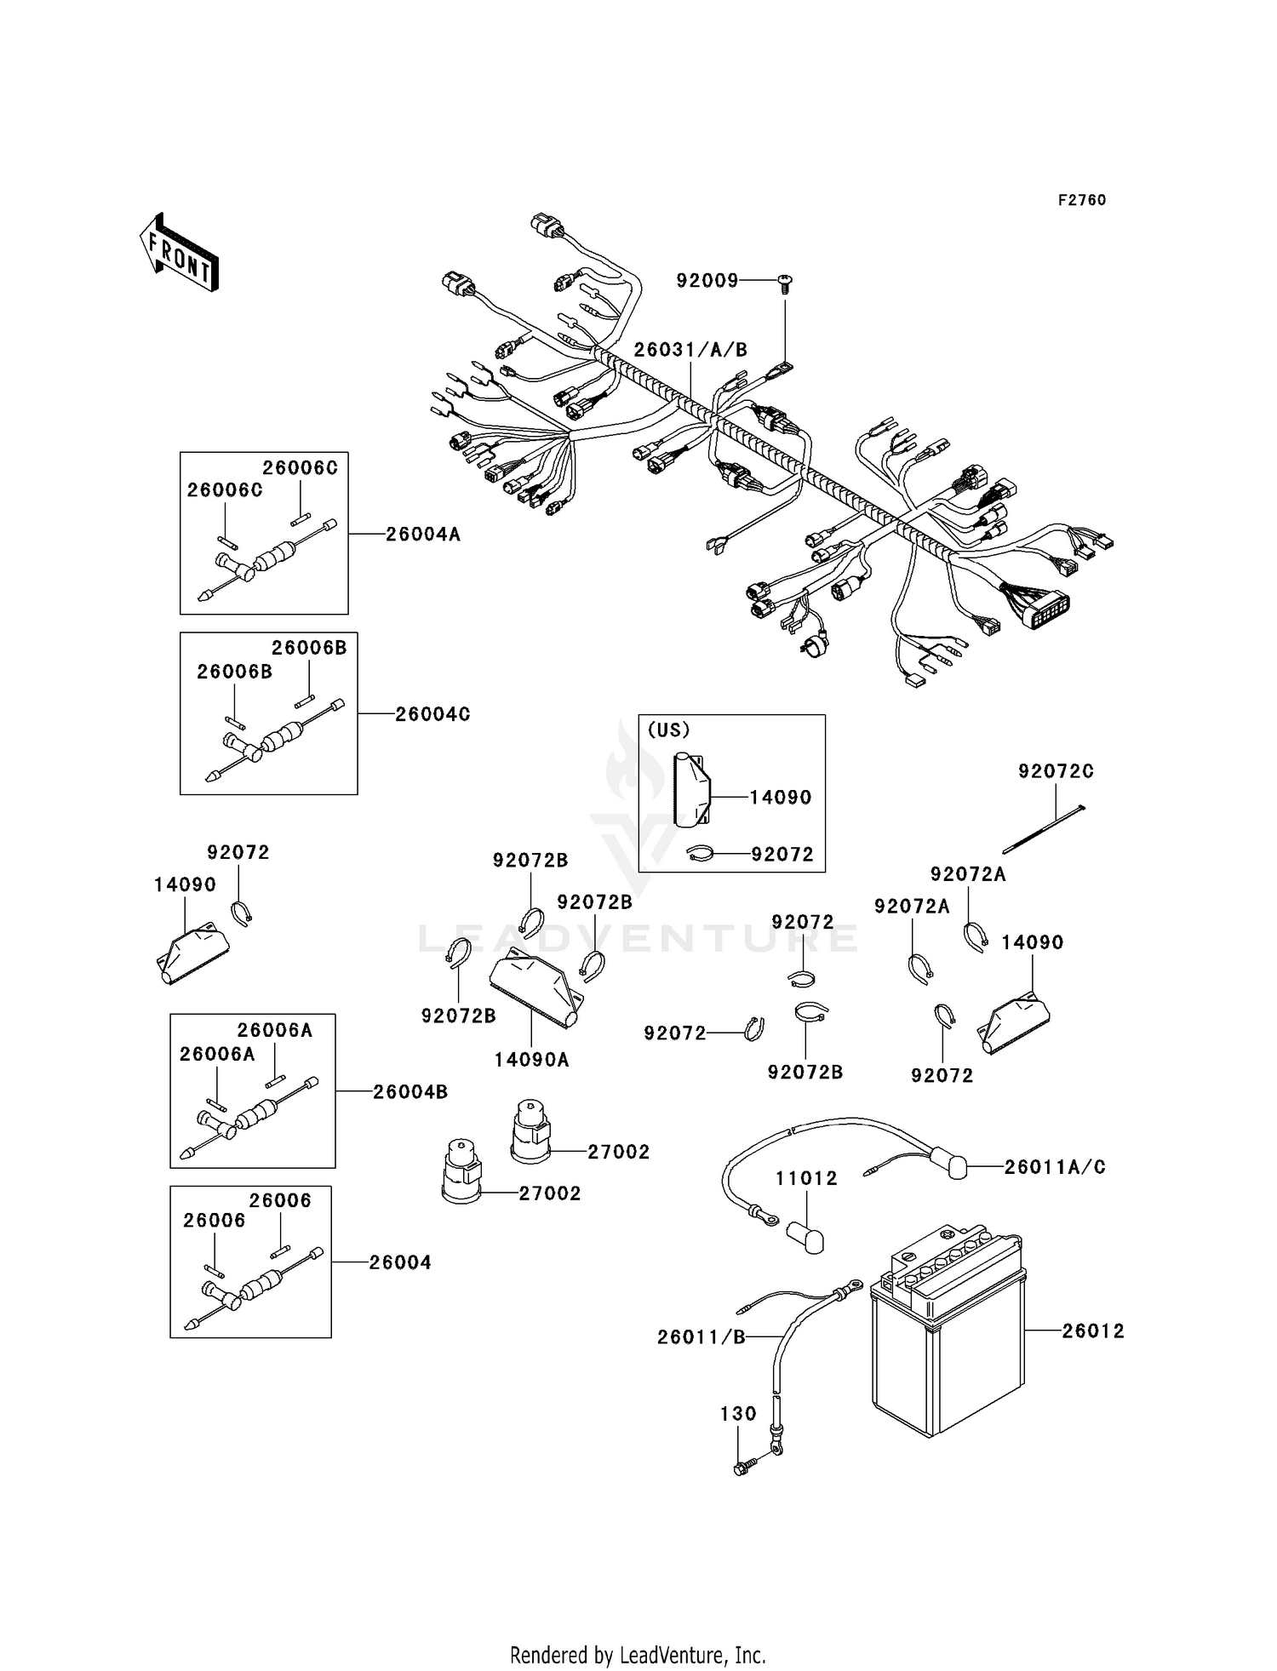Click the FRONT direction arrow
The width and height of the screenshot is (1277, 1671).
pyautogui.click(x=179, y=254)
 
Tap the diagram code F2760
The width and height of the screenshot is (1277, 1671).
pyautogui.click(x=1081, y=200)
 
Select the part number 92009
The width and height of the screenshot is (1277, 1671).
pyautogui.click(x=707, y=280)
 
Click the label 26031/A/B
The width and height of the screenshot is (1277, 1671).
pyautogui.click(x=690, y=350)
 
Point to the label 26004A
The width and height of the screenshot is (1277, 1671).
pyautogui.click(x=422, y=535)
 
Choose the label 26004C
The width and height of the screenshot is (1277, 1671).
pyautogui.click(x=432, y=714)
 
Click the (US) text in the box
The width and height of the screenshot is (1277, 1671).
pyautogui.click(x=669, y=730)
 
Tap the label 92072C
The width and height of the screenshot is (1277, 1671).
pyautogui.click(x=1056, y=771)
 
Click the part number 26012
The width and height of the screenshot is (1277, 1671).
pyautogui.click(x=1092, y=1331)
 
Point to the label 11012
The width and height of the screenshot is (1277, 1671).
pyautogui.click(x=806, y=1178)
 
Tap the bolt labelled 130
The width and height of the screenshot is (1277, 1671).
pyautogui.click(x=744, y=1468)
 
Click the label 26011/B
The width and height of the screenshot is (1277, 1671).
pyautogui.click(x=701, y=1337)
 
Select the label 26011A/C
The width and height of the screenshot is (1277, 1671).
pyautogui.click(x=1055, y=1167)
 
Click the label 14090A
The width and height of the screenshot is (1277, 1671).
pyautogui.click(x=531, y=1060)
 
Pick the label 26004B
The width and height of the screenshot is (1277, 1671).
pyautogui.click(x=410, y=1091)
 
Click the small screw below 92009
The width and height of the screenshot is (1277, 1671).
pyautogui.click(x=783, y=284)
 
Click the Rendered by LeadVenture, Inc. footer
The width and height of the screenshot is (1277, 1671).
pyautogui.click(x=638, y=1656)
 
